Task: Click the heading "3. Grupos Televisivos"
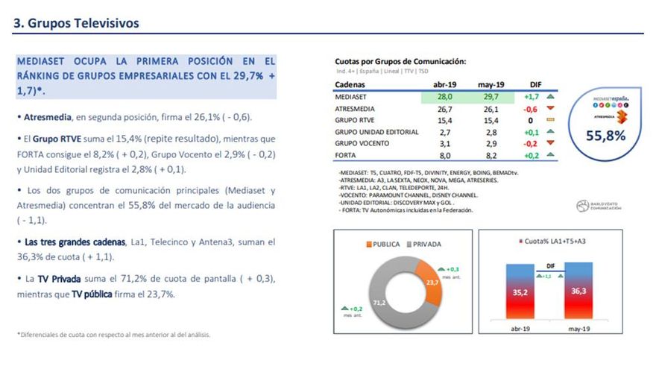point(77,23)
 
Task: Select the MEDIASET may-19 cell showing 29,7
point(488,96)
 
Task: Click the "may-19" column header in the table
point(488,85)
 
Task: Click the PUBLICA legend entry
point(382,244)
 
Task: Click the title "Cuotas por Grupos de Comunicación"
point(400,61)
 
